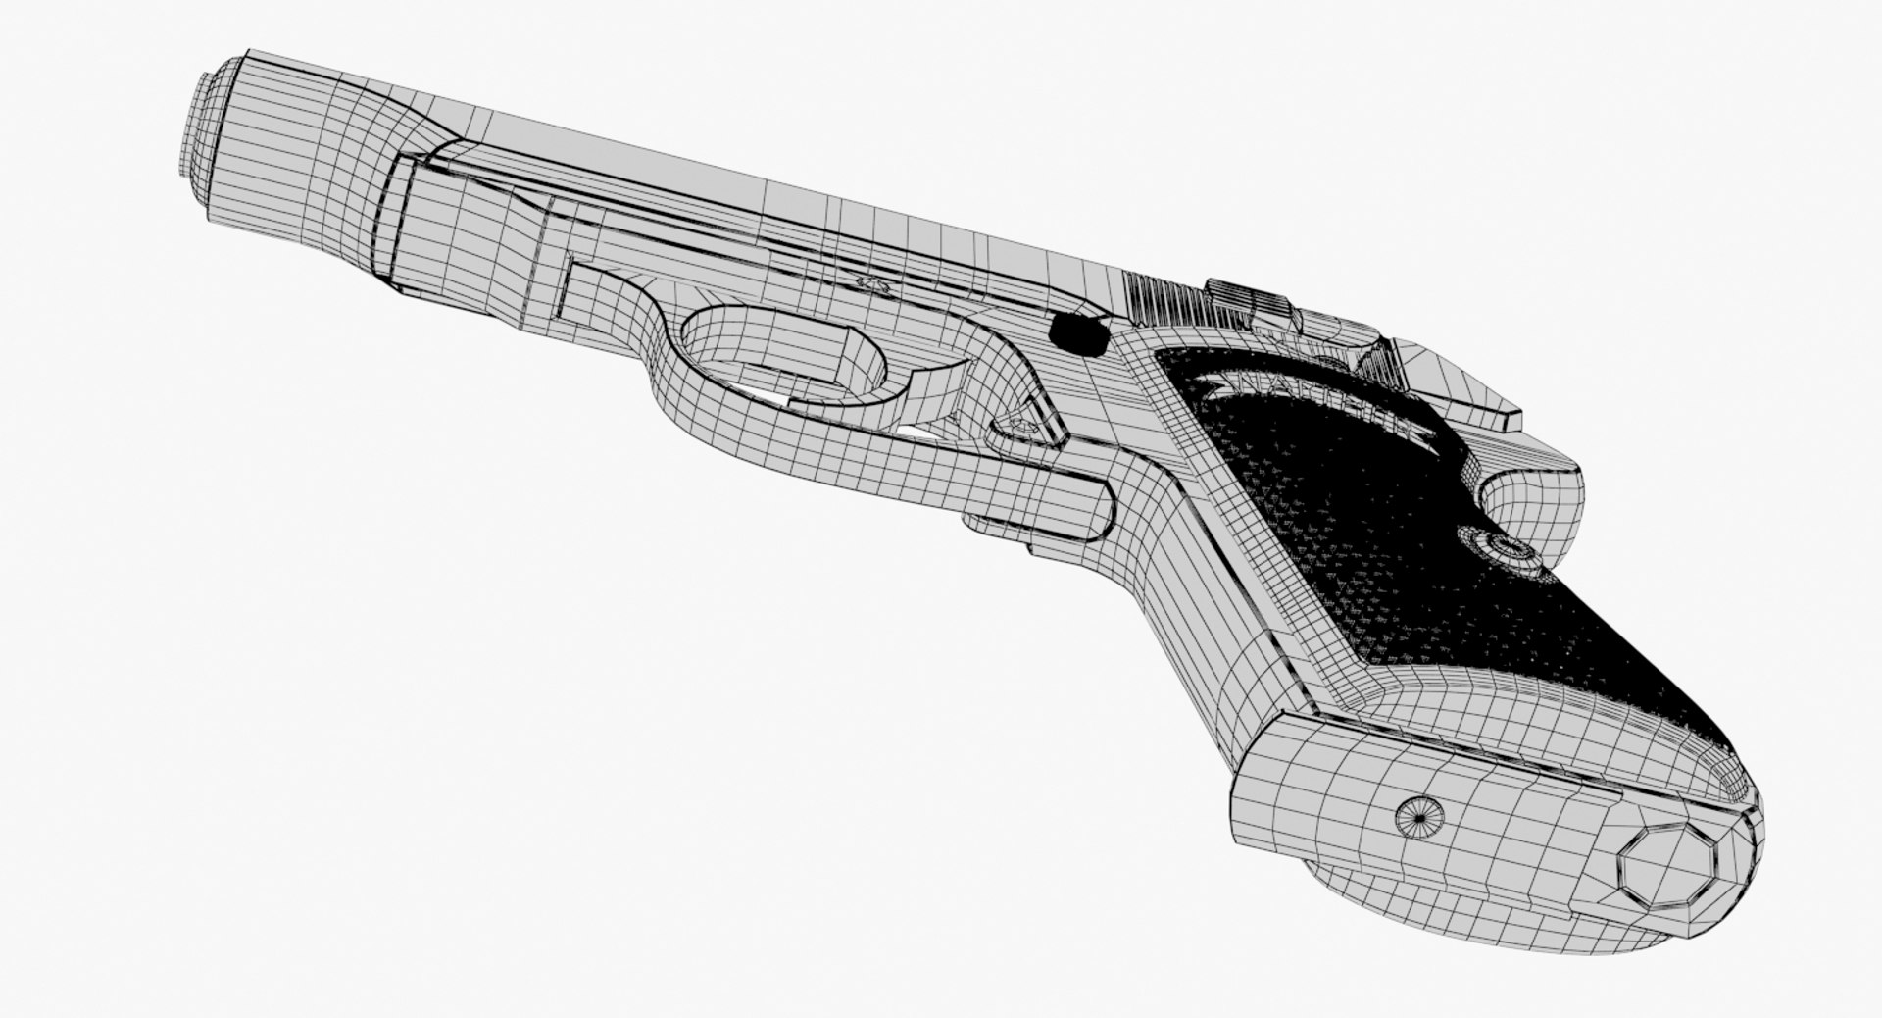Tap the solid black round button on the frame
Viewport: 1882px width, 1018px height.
[1074, 334]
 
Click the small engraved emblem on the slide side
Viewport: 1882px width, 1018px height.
[870, 284]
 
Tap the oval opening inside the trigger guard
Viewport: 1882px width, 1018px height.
[784, 363]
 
